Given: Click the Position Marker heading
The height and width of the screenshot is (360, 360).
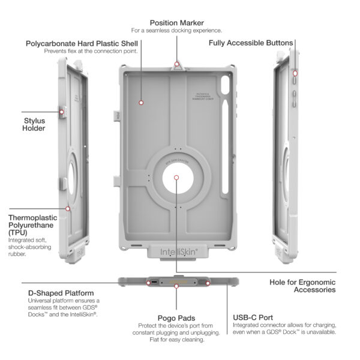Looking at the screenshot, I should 177,22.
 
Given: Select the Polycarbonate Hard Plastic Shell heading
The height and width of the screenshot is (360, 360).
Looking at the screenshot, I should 82,43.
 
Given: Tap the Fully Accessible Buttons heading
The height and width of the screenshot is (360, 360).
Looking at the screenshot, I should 251,43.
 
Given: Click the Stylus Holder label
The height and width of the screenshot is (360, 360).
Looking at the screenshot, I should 34,123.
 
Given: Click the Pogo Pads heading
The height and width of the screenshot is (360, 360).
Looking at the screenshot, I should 176,318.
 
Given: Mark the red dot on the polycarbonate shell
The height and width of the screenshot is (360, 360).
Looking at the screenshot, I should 141,103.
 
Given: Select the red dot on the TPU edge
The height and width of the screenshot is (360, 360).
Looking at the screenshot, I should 68,209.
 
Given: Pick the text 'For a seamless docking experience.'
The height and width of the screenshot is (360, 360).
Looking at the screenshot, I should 177,31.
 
